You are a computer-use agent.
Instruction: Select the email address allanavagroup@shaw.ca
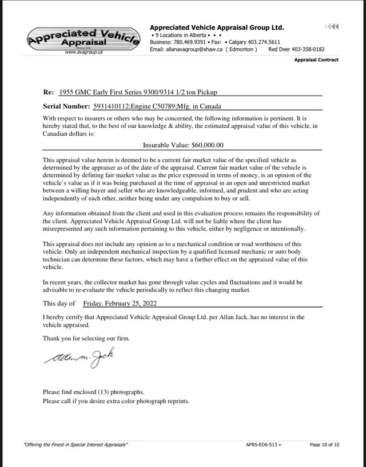tap(194, 49)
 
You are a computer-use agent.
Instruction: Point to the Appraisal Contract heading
tap(316, 60)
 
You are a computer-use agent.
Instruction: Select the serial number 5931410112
tap(113, 106)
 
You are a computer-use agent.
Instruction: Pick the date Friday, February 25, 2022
tap(120, 303)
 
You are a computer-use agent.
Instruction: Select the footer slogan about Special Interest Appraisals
tap(75, 445)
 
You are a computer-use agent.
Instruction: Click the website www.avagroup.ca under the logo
tap(83, 52)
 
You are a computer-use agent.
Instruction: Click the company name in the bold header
tap(217, 28)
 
